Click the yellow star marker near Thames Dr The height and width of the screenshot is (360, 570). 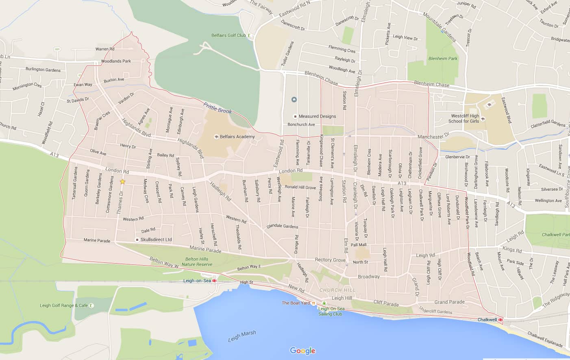tap(122, 182)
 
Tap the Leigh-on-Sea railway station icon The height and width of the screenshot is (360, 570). tap(214, 281)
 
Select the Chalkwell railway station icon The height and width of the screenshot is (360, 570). tap(500, 320)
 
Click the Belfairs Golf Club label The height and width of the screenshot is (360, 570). tap(228, 35)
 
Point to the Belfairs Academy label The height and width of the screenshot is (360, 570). tap(237, 137)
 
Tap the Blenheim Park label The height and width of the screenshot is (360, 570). tap(443, 59)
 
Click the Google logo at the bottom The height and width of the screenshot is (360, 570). tap(302, 351)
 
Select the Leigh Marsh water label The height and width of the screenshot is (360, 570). tap(242, 336)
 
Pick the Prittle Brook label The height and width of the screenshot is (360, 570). tap(218, 108)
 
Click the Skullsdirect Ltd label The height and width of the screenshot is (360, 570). tap(156, 240)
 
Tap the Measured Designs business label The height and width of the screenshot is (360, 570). tap(317, 116)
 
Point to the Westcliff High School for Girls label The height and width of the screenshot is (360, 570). tap(463, 118)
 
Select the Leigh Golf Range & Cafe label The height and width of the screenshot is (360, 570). tap(64, 305)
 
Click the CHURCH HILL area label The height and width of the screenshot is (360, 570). tap(337, 290)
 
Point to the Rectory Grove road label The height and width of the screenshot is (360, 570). tap(330, 260)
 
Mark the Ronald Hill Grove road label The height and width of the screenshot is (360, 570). tap(300, 188)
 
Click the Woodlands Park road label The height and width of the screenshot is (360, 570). tap(116, 61)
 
